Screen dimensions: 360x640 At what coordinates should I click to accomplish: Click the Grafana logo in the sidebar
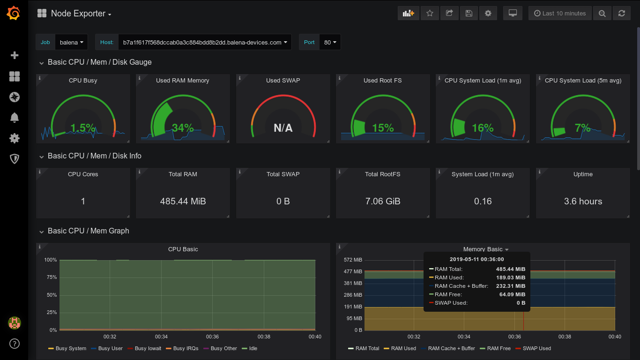click(x=14, y=14)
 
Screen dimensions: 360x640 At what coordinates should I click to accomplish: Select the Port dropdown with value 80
click(x=330, y=42)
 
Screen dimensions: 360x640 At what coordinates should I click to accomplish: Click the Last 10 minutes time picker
click(x=559, y=14)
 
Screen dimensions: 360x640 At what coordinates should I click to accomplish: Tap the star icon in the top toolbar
click(x=430, y=14)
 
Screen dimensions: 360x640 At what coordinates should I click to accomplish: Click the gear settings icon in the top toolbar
click(x=488, y=14)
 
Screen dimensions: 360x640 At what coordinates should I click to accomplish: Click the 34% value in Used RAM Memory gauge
click(x=182, y=127)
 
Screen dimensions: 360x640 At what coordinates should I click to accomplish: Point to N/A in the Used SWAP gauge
click(x=283, y=128)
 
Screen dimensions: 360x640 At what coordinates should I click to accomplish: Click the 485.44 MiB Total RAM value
click(x=183, y=201)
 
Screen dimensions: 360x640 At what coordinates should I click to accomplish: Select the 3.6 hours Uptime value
click(x=583, y=201)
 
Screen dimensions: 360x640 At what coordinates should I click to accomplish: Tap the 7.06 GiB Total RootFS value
click(x=383, y=201)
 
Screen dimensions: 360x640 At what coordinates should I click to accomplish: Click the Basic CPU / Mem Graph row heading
click(x=88, y=231)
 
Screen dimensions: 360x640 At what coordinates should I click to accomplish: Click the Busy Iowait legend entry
click(x=148, y=348)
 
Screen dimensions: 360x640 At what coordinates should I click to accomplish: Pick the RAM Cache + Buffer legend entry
click(x=451, y=348)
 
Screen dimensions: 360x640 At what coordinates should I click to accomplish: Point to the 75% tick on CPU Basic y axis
click(x=51, y=277)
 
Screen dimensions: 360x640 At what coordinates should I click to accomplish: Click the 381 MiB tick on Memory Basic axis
click(x=353, y=283)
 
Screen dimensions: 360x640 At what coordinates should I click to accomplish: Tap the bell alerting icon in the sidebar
click(x=14, y=117)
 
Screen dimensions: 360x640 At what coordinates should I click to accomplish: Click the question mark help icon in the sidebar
click(x=14, y=344)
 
